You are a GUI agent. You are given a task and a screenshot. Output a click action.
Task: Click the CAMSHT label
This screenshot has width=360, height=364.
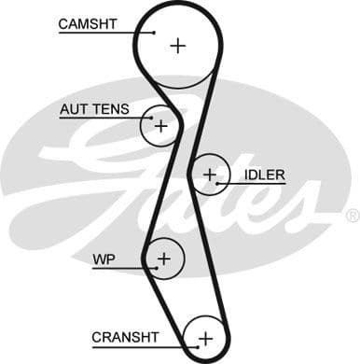click(x=88, y=23)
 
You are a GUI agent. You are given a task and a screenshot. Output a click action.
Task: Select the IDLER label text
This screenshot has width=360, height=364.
click(x=264, y=175)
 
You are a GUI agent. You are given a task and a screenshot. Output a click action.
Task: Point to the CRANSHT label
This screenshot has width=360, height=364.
click(x=125, y=336)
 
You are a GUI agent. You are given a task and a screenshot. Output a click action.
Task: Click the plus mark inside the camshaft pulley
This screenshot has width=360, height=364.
click(x=178, y=44)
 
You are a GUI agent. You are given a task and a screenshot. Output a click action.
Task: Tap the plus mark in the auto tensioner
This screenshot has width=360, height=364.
click(x=160, y=124)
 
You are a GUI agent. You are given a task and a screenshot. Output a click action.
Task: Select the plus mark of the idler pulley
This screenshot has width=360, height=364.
click(x=211, y=174)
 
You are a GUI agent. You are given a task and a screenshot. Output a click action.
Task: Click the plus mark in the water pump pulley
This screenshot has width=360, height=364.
click(x=164, y=258)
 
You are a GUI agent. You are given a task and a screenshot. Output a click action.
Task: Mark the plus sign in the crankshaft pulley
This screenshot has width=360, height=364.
click(x=205, y=337)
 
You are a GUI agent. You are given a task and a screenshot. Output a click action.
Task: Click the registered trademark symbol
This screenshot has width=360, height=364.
click(x=352, y=216)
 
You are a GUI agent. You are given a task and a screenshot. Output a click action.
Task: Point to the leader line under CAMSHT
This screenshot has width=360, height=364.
click(x=103, y=33)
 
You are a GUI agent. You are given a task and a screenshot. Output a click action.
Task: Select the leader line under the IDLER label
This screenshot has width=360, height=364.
click(x=252, y=184)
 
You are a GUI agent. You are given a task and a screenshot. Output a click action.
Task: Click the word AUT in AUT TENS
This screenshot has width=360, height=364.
click(x=73, y=109)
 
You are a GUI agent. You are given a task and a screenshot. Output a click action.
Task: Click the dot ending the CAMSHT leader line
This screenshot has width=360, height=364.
click(x=155, y=33)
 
